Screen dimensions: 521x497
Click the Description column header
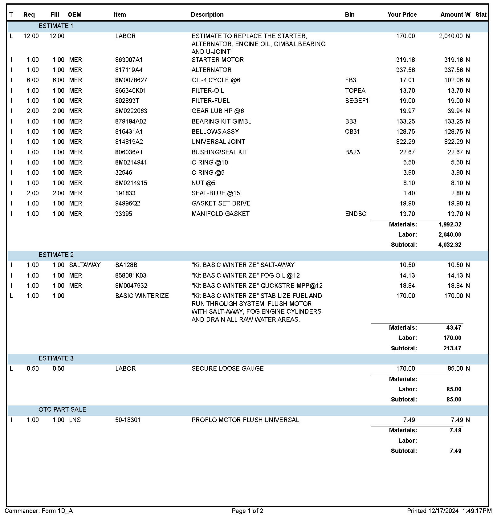[x=207, y=14]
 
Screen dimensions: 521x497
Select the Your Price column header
[x=402, y=14]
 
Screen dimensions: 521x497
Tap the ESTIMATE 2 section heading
[x=56, y=255]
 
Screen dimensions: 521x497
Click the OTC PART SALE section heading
[x=62, y=409]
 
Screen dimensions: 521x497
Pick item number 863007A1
[x=129, y=60]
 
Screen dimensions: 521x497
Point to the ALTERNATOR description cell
[x=211, y=70]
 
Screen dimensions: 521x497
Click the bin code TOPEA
[x=355, y=91]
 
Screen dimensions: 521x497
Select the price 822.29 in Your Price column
[x=405, y=142]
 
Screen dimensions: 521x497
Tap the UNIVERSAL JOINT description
[x=218, y=142]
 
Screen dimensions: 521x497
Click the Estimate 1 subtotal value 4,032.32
[x=450, y=245]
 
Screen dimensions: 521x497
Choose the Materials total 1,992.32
[x=450, y=224]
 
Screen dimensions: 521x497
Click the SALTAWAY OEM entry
[x=85, y=265]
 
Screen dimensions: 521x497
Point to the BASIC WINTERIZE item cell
[x=142, y=296]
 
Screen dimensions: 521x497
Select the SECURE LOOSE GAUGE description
[x=227, y=368]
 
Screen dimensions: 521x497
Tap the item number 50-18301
[x=128, y=420]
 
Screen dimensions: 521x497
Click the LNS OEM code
[x=75, y=420]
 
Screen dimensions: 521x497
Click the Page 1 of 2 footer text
[x=247, y=511]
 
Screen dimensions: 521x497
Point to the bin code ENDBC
[x=356, y=214]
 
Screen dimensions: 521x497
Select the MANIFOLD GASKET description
[x=220, y=214]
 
